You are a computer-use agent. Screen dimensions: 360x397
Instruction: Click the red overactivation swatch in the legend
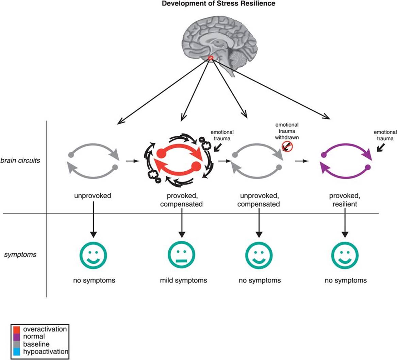coord(16,329)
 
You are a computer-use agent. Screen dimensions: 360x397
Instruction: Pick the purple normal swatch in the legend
coord(16,337)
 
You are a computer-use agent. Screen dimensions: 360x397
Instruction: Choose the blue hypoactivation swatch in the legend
coord(16,352)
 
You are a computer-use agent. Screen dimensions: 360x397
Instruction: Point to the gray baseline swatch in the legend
coord(16,344)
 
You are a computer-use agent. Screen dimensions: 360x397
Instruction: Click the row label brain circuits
coord(20,160)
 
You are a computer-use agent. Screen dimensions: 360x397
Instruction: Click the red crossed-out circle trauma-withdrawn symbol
coord(287,147)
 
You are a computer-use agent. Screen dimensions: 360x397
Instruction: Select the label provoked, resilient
coord(345,200)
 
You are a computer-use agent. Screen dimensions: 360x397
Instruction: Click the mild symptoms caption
coord(183,280)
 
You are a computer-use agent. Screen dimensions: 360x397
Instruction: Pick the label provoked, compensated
coord(182,200)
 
